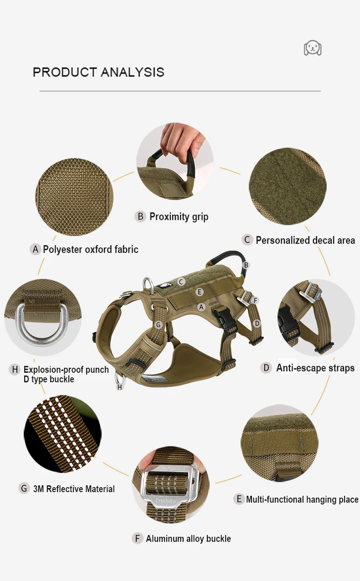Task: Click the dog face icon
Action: pyautogui.click(x=313, y=48)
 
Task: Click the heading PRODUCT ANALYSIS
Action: pyautogui.click(x=98, y=72)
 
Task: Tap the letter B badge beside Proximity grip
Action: pyautogui.click(x=140, y=216)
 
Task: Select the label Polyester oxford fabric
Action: pyautogui.click(x=91, y=249)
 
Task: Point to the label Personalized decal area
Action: pyautogui.click(x=305, y=240)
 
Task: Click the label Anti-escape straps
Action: pyautogui.click(x=315, y=368)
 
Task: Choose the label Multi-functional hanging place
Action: pyautogui.click(x=302, y=499)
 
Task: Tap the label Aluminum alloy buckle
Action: pyautogui.click(x=188, y=539)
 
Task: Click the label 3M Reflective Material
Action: pyautogui.click(x=74, y=489)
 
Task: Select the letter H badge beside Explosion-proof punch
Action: pyautogui.click(x=15, y=370)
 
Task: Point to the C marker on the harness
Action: pyautogui.click(x=181, y=282)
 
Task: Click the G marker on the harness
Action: pyautogui.click(x=159, y=325)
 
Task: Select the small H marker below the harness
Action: pyautogui.click(x=119, y=387)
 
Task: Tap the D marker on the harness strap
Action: pyautogui.click(x=257, y=323)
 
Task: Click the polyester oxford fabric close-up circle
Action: pyautogui.click(x=74, y=197)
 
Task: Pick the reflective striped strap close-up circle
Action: pyautogui.click(x=62, y=434)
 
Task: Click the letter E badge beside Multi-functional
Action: pyautogui.click(x=239, y=499)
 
